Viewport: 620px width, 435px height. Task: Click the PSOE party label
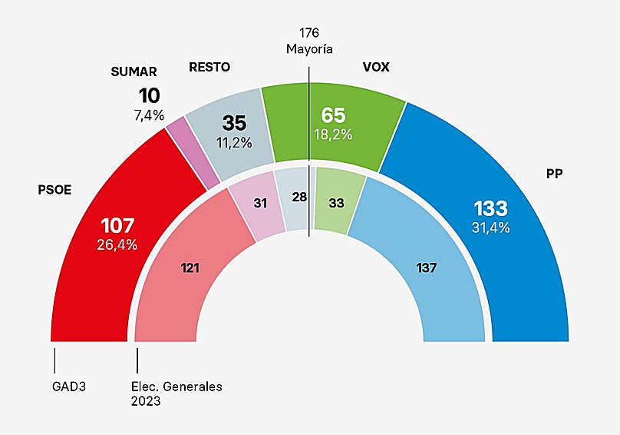pyautogui.click(x=54, y=190)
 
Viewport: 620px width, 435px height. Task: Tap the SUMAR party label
pyautogui.click(x=134, y=71)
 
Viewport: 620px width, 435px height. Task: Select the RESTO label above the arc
pyautogui.click(x=209, y=67)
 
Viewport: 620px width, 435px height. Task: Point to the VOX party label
pyautogui.click(x=376, y=67)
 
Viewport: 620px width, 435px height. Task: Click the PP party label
pyautogui.click(x=554, y=174)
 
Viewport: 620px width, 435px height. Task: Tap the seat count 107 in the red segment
pyautogui.click(x=117, y=226)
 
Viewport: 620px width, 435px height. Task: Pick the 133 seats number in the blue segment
pyautogui.click(x=490, y=209)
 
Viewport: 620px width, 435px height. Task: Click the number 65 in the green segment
pyautogui.click(x=333, y=115)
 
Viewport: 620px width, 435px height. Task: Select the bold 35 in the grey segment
pyautogui.click(x=235, y=123)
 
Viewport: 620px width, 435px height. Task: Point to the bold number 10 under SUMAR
pyautogui.click(x=149, y=96)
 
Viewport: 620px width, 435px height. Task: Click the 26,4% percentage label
pyautogui.click(x=117, y=245)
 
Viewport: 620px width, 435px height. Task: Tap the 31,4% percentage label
pyautogui.click(x=490, y=227)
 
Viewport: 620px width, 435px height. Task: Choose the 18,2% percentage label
pyautogui.click(x=333, y=134)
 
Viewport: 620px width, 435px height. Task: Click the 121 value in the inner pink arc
pyautogui.click(x=190, y=268)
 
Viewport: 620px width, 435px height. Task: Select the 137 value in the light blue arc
pyautogui.click(x=426, y=268)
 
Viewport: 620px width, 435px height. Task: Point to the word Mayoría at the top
pyautogui.click(x=309, y=49)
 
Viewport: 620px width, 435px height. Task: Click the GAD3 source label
pyautogui.click(x=69, y=387)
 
